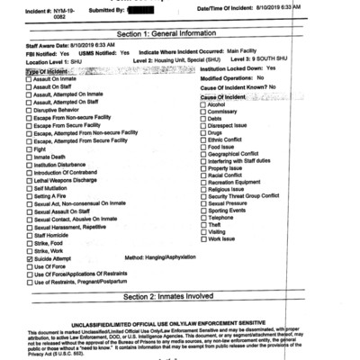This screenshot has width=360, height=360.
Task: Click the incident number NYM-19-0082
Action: (65, 12)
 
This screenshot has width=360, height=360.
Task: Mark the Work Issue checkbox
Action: (202, 238)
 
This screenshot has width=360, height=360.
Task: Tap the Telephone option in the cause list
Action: (202, 217)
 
